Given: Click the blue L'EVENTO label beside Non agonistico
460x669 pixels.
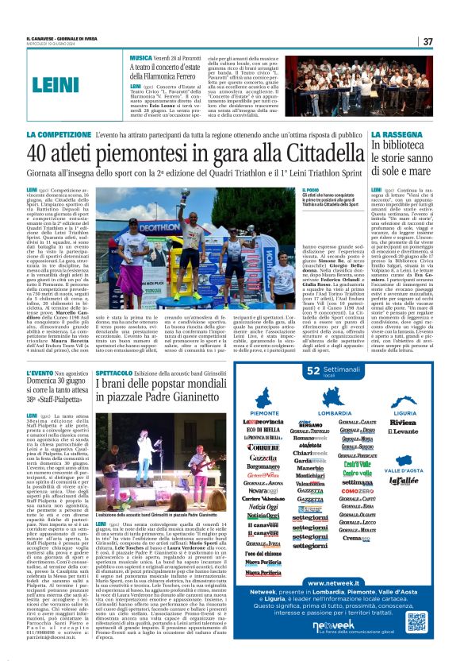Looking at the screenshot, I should (x=40, y=373).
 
